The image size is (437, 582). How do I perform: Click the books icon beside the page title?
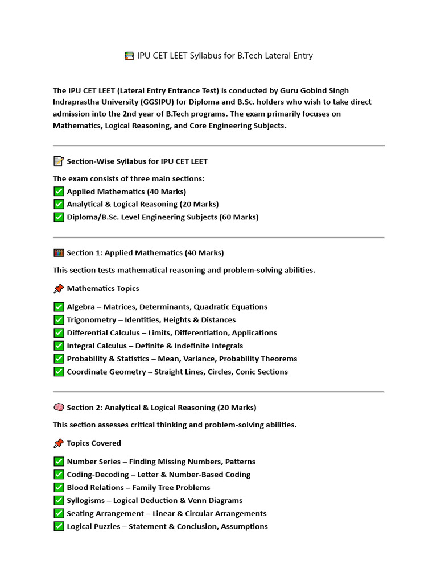[129, 56]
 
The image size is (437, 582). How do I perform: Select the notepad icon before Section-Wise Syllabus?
[59, 161]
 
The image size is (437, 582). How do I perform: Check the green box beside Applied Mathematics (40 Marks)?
[59, 192]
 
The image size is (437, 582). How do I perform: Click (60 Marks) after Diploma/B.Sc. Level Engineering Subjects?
[239, 217]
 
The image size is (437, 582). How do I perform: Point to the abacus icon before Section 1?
[59, 253]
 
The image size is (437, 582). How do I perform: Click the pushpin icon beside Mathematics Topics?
[59, 289]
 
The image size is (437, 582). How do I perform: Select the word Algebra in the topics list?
[81, 307]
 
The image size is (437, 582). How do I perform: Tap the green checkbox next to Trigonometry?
[59, 320]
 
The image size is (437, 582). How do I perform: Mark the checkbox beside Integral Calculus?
[59, 346]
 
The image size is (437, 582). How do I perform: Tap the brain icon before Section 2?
[59, 408]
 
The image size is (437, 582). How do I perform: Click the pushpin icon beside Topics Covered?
[59, 443]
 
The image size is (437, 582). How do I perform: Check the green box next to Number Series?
[59, 462]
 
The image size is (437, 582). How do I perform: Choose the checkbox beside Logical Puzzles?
[59, 526]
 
